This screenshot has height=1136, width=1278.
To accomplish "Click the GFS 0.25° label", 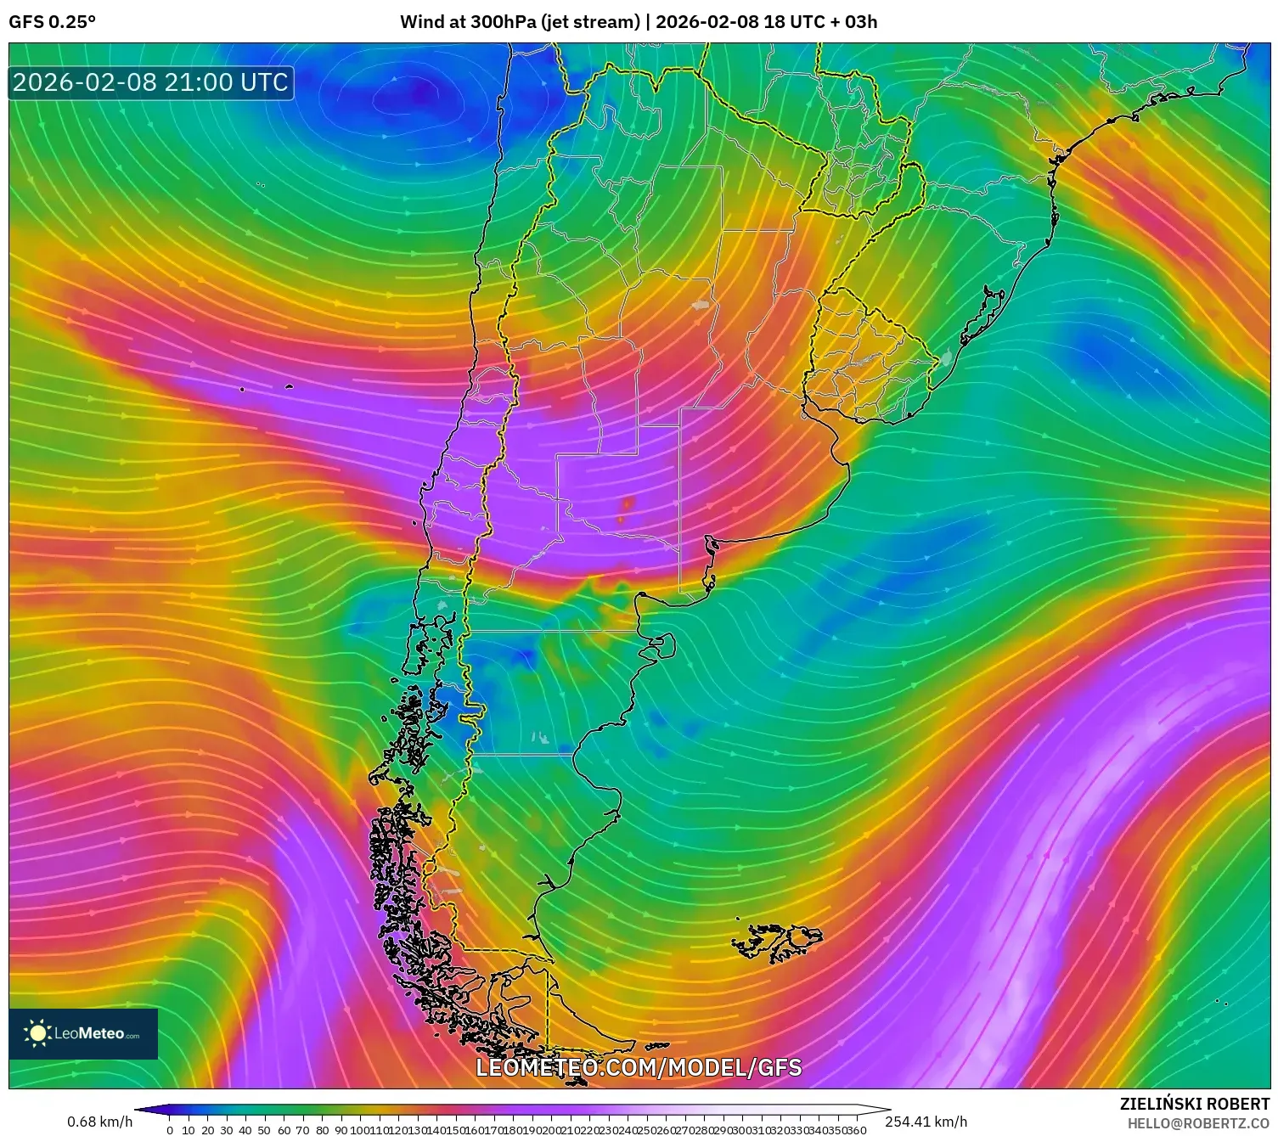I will pyautogui.click(x=52, y=22).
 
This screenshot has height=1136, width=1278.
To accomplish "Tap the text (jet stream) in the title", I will pyautogui.click(x=590, y=22).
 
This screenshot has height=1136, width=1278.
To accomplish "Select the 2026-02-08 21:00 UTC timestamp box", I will pyautogui.click(x=151, y=82).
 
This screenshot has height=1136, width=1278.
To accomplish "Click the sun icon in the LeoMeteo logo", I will pyautogui.click(x=37, y=1033).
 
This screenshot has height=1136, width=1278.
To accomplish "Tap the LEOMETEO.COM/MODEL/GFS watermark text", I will pyautogui.click(x=639, y=1067).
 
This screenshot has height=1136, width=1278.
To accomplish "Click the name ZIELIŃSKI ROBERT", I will pyautogui.click(x=1194, y=1104).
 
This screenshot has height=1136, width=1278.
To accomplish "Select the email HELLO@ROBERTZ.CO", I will pyautogui.click(x=1198, y=1123).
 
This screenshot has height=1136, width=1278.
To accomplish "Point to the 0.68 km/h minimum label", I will pyautogui.click(x=99, y=1122).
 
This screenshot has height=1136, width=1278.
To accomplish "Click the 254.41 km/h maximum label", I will pyautogui.click(x=926, y=1122).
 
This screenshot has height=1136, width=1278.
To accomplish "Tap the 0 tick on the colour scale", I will pyautogui.click(x=170, y=1130).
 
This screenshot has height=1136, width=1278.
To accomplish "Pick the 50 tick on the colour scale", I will pyautogui.click(x=264, y=1130).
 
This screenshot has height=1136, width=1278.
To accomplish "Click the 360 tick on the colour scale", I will pyautogui.click(x=856, y=1130).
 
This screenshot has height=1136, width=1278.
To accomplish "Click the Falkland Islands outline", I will pyautogui.click(x=777, y=941).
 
